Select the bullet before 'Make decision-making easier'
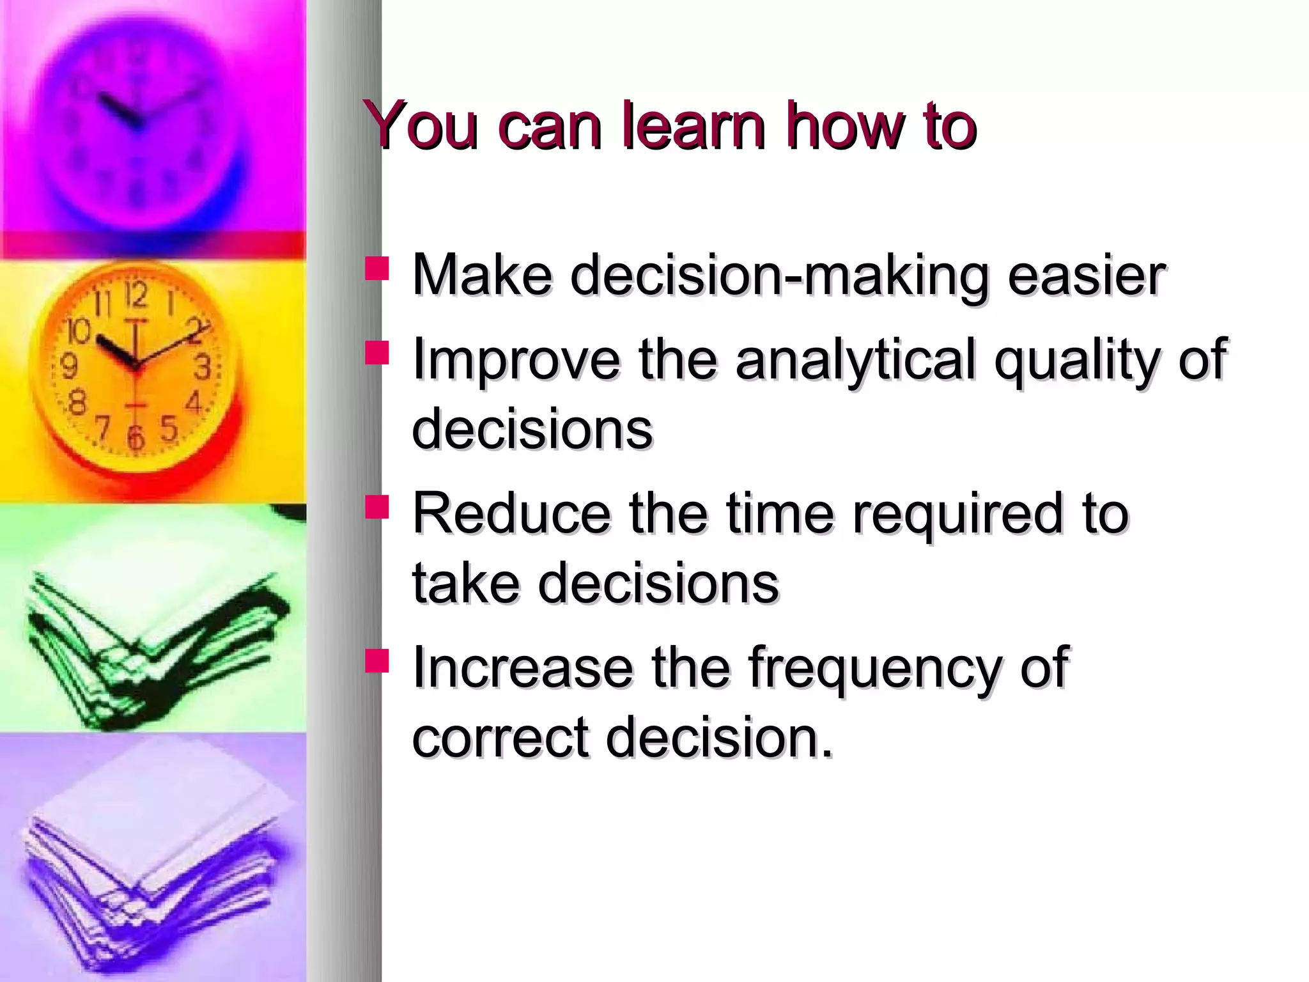pyautogui.click(x=376, y=269)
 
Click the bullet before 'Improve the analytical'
pyautogui.click(x=376, y=353)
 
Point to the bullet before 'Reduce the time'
pyautogui.click(x=376, y=506)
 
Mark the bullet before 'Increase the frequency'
pyautogui.click(x=376, y=660)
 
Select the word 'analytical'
pyautogui.click(x=856, y=359)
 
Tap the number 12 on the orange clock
pyautogui.click(x=136, y=295)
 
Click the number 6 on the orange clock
pyautogui.click(x=135, y=437)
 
